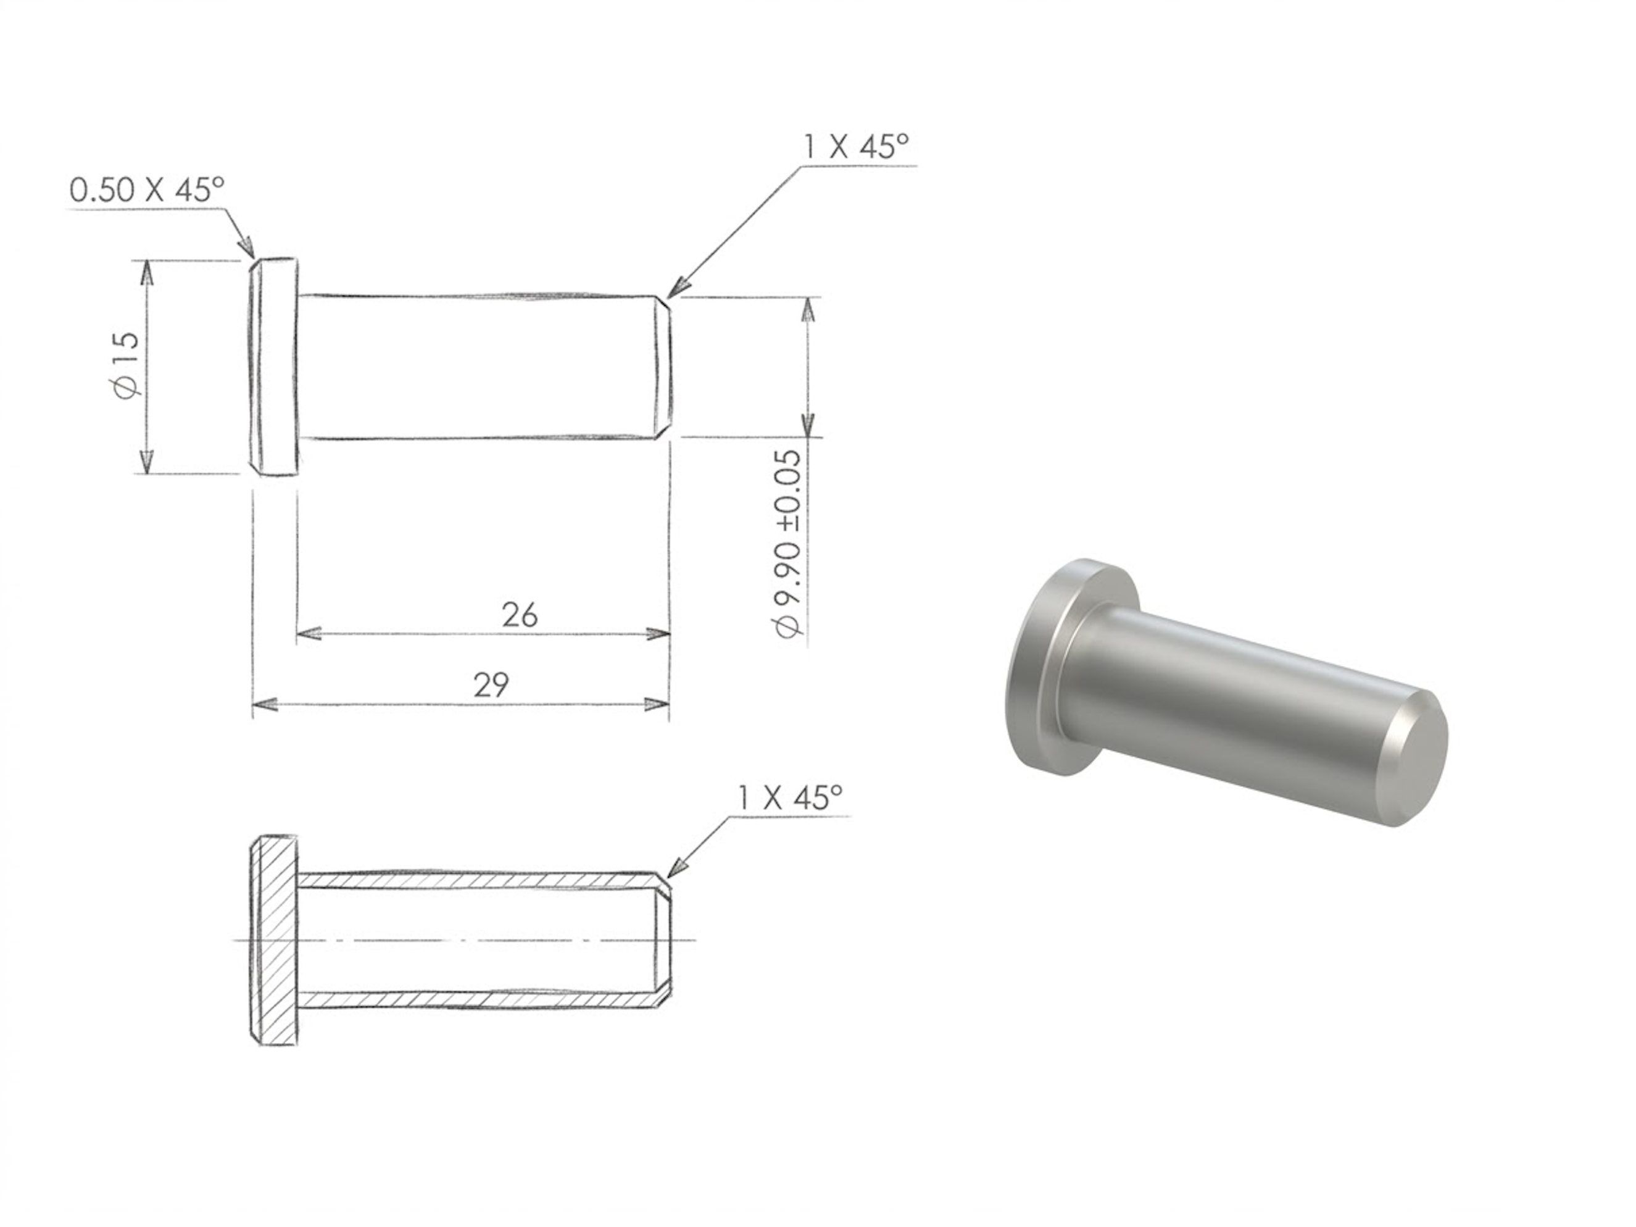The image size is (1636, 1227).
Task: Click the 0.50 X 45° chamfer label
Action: click(146, 190)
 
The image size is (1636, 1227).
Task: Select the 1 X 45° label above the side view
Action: click(856, 146)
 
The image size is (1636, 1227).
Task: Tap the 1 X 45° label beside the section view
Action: click(790, 797)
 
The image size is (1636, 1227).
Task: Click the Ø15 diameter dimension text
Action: click(127, 365)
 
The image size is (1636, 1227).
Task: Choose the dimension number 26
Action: click(520, 615)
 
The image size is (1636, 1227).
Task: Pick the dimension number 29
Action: click(491, 686)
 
